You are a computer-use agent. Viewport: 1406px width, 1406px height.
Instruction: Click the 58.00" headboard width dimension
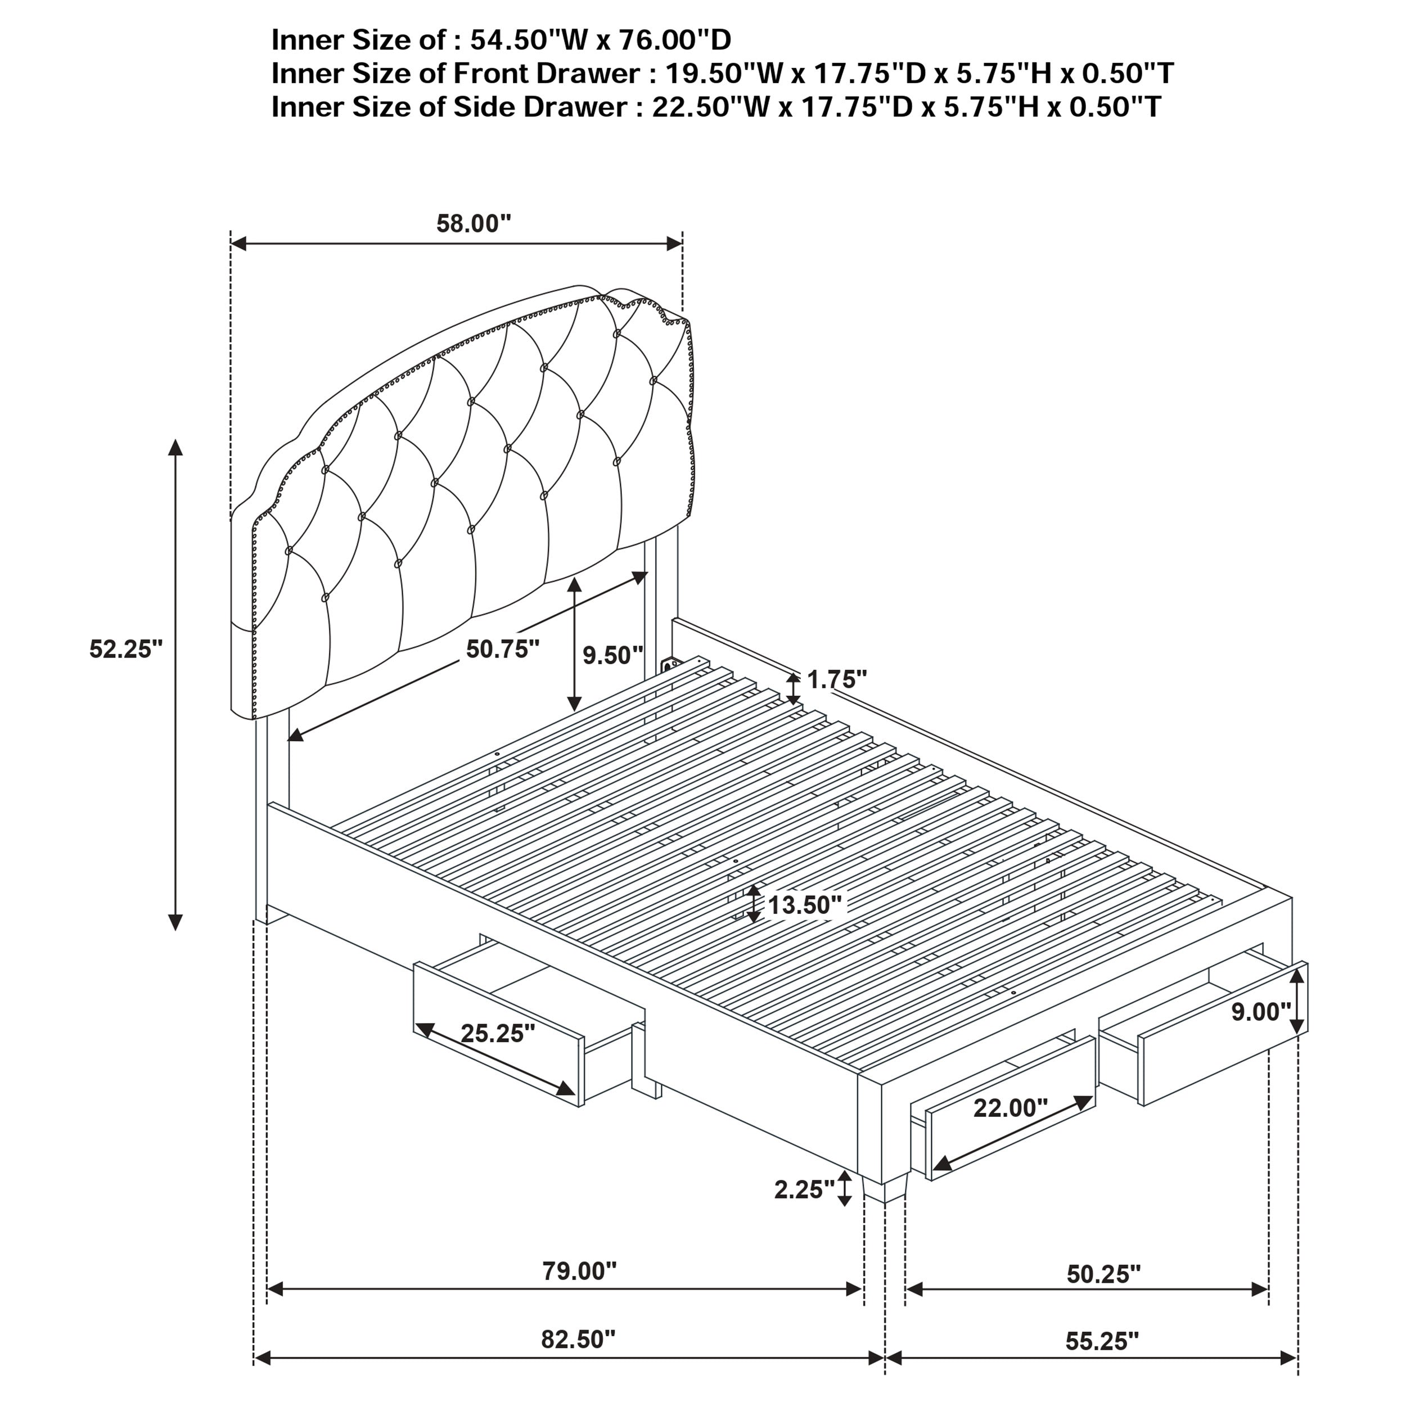pos(474,223)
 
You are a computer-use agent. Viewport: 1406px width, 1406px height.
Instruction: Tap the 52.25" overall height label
pos(126,648)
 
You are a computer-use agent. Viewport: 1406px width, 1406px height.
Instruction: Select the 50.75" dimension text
pos(503,649)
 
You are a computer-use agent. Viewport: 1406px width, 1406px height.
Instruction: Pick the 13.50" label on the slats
pos(805,905)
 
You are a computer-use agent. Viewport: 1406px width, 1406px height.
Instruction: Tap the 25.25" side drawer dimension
pos(498,1033)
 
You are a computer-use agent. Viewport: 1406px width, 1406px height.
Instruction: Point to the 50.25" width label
pos(1103,1273)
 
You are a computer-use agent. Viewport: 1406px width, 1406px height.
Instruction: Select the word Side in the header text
pos(480,107)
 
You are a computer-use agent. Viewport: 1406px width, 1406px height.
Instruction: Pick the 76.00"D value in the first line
pos(675,39)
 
